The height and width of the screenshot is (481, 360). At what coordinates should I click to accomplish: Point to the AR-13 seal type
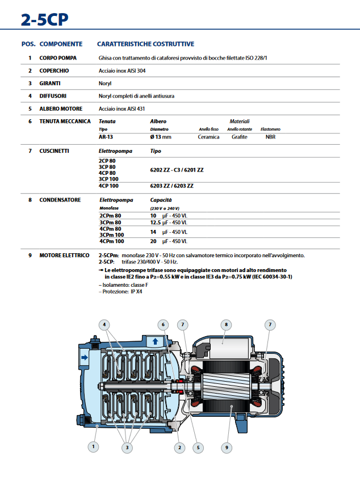coord(106,137)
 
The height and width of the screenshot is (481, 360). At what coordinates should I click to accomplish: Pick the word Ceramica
coord(208,137)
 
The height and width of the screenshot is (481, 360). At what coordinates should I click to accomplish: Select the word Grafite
coord(239,137)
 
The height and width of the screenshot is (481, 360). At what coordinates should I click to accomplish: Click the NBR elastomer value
coord(270,137)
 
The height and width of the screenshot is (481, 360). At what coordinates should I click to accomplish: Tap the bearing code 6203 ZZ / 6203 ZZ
coord(172,186)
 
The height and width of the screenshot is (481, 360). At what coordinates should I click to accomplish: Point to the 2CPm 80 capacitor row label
coord(110,216)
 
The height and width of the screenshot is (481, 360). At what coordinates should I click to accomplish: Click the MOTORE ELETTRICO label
coord(64,256)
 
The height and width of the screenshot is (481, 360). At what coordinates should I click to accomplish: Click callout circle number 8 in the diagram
coord(226,325)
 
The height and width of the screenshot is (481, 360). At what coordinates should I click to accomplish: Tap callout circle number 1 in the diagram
coord(93,447)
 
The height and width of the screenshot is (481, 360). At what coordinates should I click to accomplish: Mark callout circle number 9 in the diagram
coord(226,447)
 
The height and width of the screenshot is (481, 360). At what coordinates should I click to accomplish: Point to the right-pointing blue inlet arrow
coord(85,357)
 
